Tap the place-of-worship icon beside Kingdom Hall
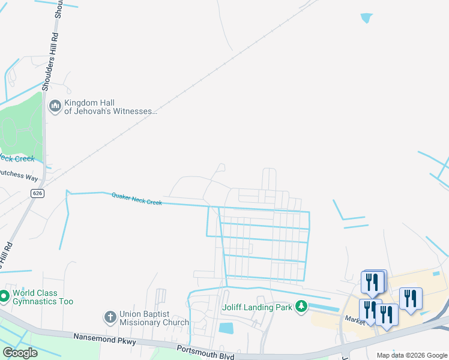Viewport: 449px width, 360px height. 55,107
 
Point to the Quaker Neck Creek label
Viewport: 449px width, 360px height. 137,199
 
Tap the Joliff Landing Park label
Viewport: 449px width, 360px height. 258,308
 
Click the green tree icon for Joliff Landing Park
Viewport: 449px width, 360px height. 302,307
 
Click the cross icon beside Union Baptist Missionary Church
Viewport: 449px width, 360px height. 110,316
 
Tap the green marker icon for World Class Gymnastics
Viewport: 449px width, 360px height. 3,296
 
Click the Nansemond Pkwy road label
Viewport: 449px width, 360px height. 106,340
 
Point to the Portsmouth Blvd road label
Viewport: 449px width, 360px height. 205,352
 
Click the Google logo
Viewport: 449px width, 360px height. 20,353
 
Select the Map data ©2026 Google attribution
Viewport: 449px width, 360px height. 411,355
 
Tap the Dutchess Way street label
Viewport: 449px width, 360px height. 18,177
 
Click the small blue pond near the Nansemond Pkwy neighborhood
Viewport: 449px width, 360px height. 226,328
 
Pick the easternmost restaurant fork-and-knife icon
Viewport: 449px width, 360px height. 411,298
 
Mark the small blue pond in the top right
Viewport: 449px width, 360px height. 366,19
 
